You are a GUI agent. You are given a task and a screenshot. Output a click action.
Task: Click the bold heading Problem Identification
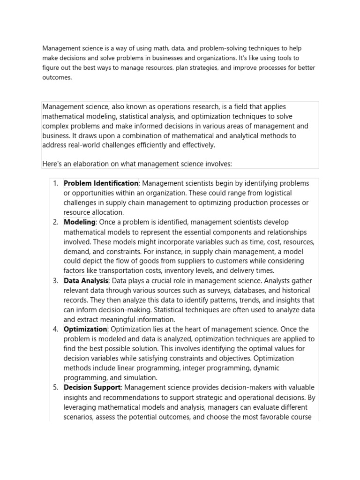[101, 183]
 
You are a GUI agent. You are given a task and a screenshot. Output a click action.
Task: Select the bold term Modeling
[79, 222]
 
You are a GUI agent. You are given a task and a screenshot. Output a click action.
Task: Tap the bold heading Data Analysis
[86, 281]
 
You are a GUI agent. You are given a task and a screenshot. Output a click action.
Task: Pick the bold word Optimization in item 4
[85, 330]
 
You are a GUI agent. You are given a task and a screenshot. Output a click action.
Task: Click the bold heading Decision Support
[92, 388]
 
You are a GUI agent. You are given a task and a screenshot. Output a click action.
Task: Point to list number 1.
[55, 183]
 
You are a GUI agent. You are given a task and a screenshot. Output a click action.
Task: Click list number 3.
[55, 281]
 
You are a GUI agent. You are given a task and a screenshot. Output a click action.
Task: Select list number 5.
[55, 388]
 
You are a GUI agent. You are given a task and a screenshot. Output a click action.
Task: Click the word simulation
[140, 378]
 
